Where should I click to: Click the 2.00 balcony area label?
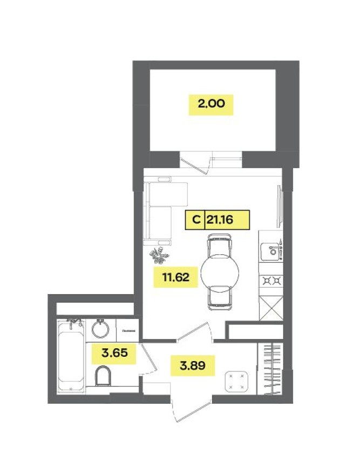point(210,104)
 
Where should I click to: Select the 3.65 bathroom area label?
point(113,354)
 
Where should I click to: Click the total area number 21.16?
point(227,220)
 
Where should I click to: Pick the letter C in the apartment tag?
point(195,220)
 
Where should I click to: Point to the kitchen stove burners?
point(271,280)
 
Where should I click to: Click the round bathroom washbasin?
point(100,328)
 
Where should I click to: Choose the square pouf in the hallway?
point(235,381)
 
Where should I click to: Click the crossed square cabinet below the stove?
point(271,309)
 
